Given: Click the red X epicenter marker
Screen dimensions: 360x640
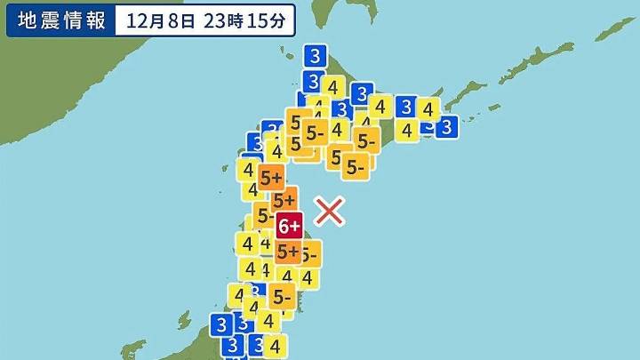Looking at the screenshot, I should [x=330, y=211].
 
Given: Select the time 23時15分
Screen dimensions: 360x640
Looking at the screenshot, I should [x=244, y=20].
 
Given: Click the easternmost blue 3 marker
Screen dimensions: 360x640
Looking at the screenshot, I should [x=447, y=127].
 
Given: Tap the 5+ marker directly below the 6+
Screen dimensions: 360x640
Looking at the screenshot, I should [x=288, y=252].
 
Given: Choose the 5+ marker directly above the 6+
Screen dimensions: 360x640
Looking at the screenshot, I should [x=284, y=201].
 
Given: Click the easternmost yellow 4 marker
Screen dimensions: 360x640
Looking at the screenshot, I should [x=428, y=109].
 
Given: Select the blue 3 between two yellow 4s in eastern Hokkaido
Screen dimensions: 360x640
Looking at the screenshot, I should [x=406, y=108].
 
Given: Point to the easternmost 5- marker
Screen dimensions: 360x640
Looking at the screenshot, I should [x=366, y=140].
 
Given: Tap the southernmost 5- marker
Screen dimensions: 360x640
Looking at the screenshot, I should [x=282, y=296].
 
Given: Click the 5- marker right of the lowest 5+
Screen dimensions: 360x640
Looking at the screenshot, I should [x=308, y=256].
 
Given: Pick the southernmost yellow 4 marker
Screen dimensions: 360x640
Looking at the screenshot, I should [x=276, y=345].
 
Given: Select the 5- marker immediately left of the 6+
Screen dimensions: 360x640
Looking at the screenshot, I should [x=264, y=214].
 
